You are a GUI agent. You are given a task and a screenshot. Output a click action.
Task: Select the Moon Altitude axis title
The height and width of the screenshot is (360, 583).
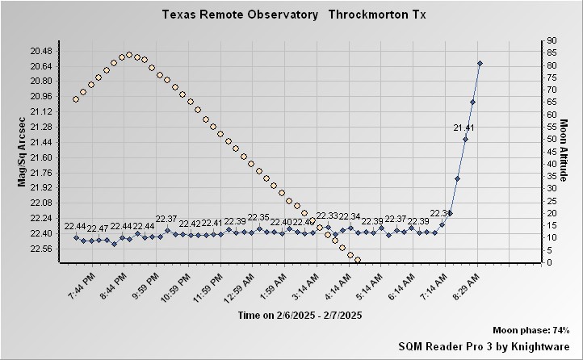(564, 151)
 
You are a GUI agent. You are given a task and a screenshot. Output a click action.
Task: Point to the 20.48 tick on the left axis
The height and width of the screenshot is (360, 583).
(40, 51)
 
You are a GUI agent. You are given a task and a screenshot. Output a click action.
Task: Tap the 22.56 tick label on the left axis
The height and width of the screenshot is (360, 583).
(40, 249)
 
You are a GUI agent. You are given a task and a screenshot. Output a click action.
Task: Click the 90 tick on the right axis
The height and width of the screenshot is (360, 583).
(551, 40)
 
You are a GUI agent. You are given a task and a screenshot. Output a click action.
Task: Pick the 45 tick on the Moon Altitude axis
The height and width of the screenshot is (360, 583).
(551, 151)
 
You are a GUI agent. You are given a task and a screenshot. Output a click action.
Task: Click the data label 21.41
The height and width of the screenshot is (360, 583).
(463, 128)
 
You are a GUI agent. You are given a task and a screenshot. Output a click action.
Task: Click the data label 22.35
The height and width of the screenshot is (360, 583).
(258, 217)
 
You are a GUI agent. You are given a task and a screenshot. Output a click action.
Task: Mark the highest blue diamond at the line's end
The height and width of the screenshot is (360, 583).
(480, 63)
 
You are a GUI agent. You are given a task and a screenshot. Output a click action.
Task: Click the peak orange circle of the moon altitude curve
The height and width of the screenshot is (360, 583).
(129, 55)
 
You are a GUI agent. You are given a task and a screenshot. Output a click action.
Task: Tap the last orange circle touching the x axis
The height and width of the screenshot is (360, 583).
(357, 260)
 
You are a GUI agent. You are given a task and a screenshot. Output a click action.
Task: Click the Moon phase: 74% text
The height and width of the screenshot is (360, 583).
(531, 331)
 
